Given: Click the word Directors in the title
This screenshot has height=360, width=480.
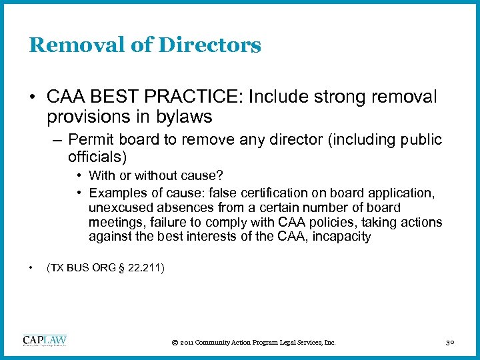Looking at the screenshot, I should coord(211,45).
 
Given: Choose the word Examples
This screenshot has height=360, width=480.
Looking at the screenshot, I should coord(117,193).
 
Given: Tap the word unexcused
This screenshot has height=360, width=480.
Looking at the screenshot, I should coord(119,207).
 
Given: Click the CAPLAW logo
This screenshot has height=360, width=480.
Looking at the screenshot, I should coord(45,341).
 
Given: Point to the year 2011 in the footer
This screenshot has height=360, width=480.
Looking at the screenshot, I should coord(187,343).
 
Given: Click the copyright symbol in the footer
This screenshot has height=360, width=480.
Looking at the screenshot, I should coord(175,343).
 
